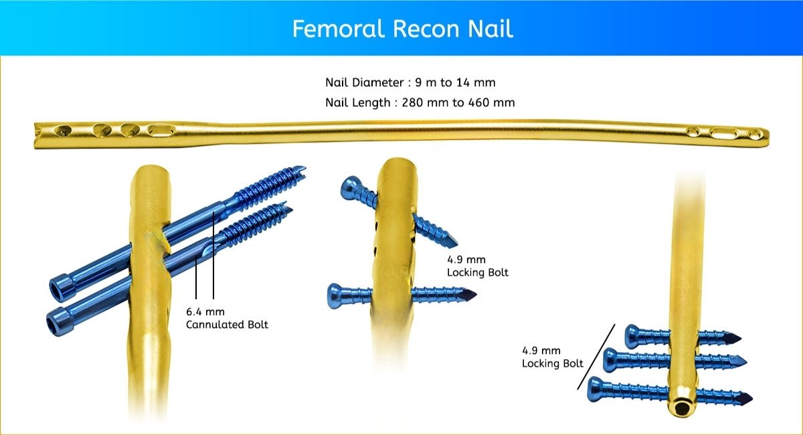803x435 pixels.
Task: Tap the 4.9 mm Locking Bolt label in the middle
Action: pyautogui.click(x=477, y=266)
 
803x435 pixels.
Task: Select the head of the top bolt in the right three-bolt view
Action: pyautogui.click(x=633, y=335)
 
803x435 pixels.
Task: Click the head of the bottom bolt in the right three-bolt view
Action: pyautogui.click(x=596, y=389)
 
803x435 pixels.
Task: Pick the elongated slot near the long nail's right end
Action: pyautogui.click(x=723, y=133)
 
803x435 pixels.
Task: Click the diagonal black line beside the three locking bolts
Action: pyautogui.click(x=596, y=357)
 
